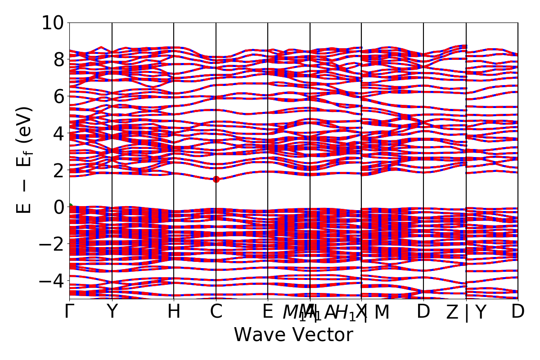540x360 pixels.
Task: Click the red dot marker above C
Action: [216, 179]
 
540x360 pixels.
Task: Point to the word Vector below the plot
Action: [324, 335]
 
